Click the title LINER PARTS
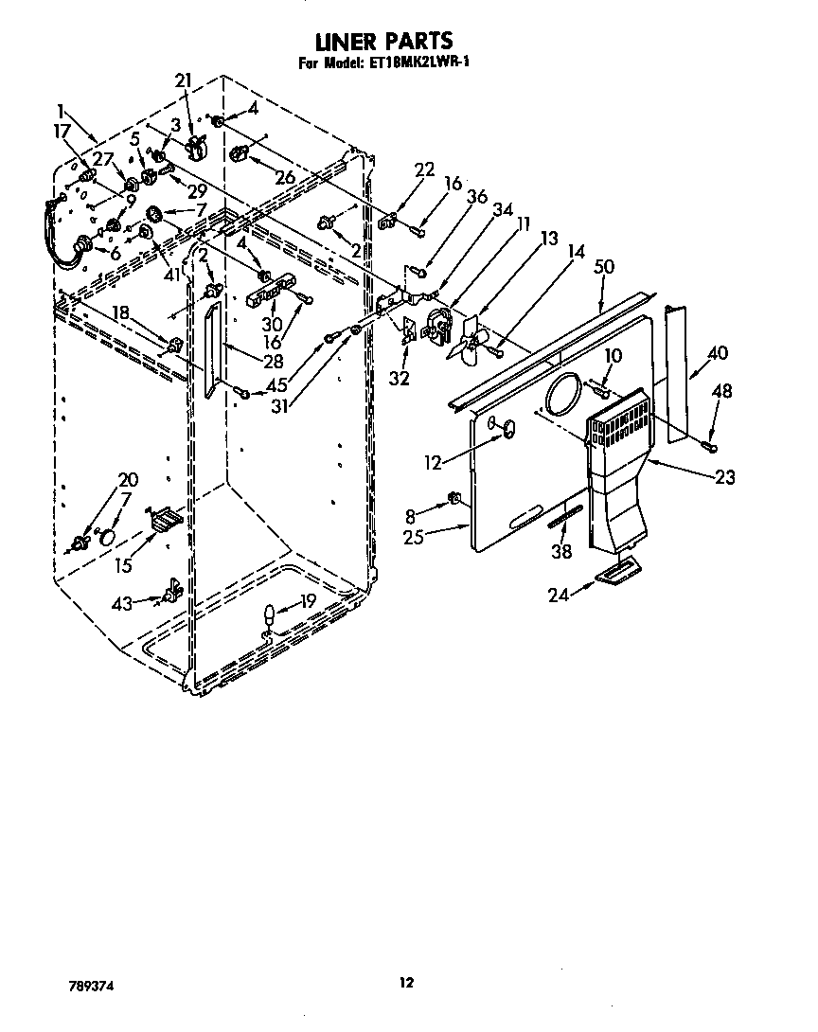382,41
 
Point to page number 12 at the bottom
406,983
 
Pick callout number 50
604,268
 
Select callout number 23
724,478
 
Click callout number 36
477,197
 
